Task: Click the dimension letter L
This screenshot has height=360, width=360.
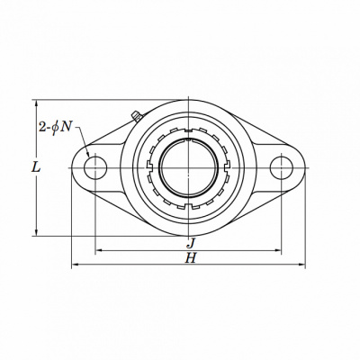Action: [36, 167]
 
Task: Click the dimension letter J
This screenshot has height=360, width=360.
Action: [191, 243]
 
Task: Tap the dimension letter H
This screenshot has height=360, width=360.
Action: [191, 257]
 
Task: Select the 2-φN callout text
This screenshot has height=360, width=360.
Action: [56, 128]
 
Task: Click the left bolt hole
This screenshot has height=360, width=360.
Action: [95, 167]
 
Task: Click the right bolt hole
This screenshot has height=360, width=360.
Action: [282, 167]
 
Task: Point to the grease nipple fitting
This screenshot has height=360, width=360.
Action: [137, 116]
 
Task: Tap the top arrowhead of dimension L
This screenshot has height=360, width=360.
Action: [37, 103]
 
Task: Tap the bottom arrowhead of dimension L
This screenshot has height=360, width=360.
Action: [37, 232]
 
